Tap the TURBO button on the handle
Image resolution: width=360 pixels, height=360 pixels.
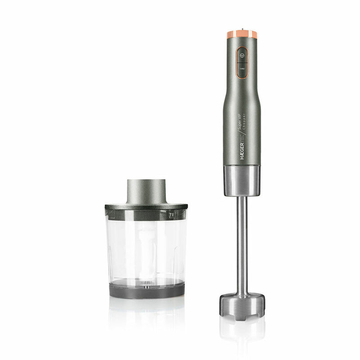click(x=242, y=69)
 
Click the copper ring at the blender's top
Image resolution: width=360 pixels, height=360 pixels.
click(x=242, y=34)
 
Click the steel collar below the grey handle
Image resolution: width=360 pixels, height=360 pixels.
click(x=242, y=180)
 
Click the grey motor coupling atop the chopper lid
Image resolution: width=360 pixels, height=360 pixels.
click(x=146, y=191)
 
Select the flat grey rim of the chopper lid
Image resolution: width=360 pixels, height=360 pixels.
click(x=146, y=207)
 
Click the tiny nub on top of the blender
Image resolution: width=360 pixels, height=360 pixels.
click(x=242, y=30)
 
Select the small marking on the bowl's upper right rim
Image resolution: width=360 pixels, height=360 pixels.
click(x=171, y=215)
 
